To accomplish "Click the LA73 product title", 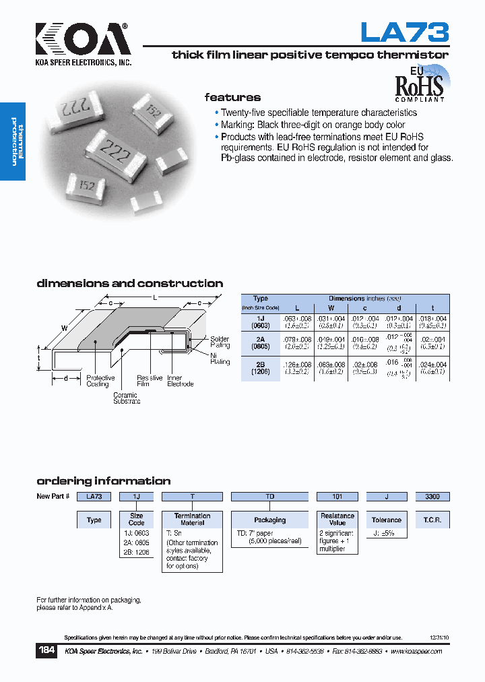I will coord(404,32).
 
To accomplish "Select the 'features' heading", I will coord(232,97).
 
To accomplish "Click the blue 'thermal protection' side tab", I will coord(13,142).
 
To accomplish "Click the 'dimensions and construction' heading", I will coord(129,284).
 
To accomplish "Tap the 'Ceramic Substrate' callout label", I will coord(126,398).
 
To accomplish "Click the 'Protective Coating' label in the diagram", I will coord(100,381).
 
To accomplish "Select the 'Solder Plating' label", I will coord(220,342).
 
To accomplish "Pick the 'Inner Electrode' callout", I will coord(180,381).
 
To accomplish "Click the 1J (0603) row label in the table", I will coord(260,322).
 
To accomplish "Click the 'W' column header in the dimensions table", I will coord(331,308).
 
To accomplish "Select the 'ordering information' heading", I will coord(103,481).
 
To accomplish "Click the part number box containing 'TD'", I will coord(269,497).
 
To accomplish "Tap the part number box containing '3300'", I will coord(432,497).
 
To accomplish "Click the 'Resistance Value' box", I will coord(337,520).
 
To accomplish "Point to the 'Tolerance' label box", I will coord(386,520).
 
